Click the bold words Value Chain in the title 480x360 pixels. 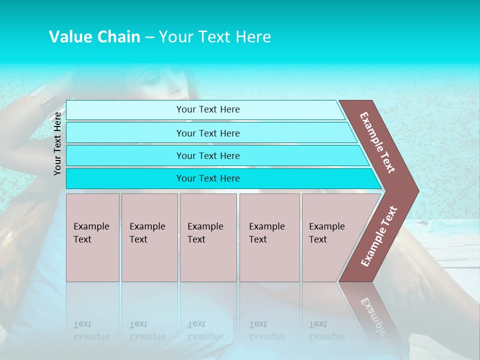[94, 37]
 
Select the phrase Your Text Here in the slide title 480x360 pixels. [215, 37]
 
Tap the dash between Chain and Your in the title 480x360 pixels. [149, 37]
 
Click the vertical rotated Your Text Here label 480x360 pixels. [58, 144]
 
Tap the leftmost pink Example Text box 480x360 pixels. [92, 237]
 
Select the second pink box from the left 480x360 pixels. [149, 237]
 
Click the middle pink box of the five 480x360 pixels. [208, 237]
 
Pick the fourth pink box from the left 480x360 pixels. [269, 237]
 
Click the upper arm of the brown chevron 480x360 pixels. [378, 142]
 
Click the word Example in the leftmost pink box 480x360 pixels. [91, 226]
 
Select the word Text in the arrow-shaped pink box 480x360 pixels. [318, 239]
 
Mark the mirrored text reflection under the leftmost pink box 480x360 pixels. [91, 330]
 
